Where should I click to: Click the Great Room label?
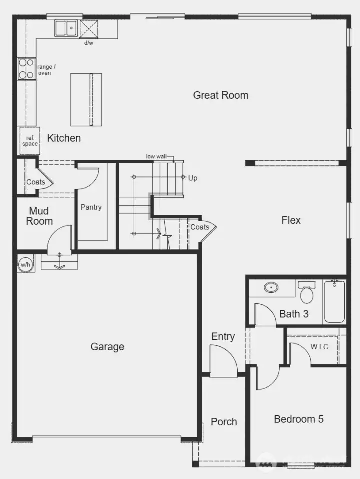220,95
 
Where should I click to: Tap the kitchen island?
86,99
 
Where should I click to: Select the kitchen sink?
65,28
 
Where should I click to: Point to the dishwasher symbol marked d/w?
89,29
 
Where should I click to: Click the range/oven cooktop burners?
27,69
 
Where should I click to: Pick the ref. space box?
29,141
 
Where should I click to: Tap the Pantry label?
91,207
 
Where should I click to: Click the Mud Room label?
39,216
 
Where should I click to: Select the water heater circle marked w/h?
25,264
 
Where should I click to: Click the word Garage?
107,346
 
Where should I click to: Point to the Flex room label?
291,220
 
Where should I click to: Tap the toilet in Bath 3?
307,293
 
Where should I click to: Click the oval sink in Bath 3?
271,288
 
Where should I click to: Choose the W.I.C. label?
320,347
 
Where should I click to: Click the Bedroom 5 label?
298,419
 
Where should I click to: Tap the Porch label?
224,421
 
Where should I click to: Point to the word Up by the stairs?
193,178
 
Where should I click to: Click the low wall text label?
156,156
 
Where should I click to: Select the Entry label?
223,336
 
